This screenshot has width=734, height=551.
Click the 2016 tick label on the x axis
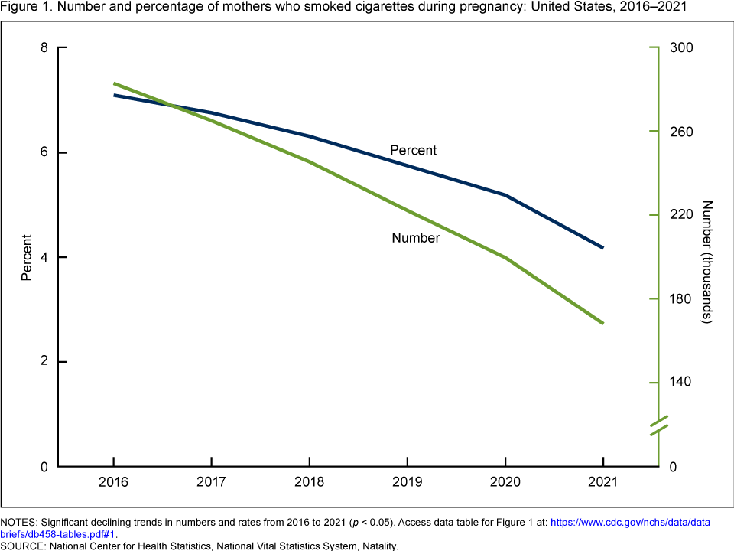113,483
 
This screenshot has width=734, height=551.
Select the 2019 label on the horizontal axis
407,483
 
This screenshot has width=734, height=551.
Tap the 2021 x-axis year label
603,483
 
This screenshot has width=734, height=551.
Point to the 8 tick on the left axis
43,48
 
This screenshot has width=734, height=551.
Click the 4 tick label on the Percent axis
43,257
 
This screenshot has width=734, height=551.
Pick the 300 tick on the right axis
681,48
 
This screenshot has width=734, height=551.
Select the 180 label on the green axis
681,298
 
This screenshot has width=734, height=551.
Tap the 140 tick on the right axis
681,383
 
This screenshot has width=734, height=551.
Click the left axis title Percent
27,257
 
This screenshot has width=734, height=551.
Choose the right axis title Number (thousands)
707,262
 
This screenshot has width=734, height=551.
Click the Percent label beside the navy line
413,150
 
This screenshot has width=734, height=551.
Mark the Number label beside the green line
415,238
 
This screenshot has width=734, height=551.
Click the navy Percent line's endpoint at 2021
603,248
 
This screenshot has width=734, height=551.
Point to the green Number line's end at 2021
603,323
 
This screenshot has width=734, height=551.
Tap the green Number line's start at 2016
114,83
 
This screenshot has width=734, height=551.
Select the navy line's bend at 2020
505,195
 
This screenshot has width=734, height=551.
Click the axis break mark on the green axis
659,425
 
